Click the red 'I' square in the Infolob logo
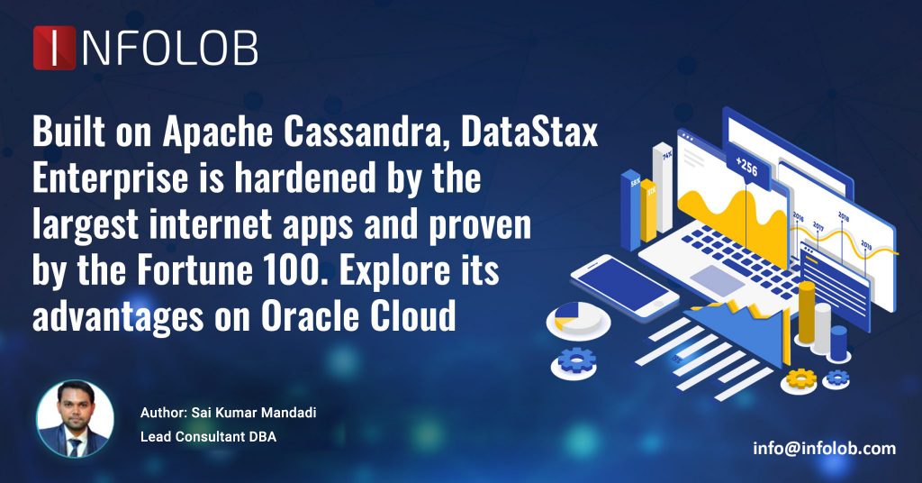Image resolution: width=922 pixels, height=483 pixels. pyautogui.click(x=54, y=48)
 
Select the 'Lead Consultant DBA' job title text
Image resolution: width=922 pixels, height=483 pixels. pyautogui.click(x=208, y=437)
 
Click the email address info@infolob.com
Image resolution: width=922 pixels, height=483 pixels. pyautogui.click(x=824, y=448)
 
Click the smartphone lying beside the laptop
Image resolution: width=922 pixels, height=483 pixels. pyautogui.click(x=625, y=283)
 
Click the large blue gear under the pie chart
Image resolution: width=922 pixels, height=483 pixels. pyautogui.click(x=576, y=360)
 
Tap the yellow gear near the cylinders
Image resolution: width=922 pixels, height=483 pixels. pyautogui.click(x=800, y=378)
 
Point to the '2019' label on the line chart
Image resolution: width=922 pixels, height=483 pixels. pyautogui.click(x=865, y=243)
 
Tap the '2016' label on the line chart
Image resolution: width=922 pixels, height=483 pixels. pyautogui.click(x=798, y=216)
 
